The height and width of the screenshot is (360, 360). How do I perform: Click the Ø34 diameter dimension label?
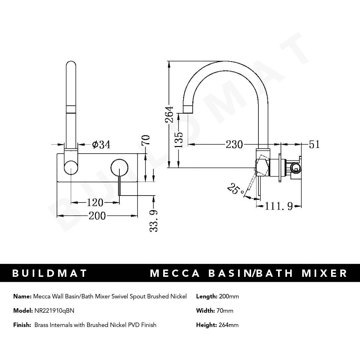[x=101, y=145]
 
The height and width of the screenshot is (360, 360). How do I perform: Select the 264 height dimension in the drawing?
[x=169, y=115]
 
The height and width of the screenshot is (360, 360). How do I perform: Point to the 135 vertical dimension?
[x=179, y=140]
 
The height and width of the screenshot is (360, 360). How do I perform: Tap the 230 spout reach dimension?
[x=234, y=144]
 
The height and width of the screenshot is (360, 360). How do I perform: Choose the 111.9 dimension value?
[x=278, y=206]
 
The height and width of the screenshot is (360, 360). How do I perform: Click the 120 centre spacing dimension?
[x=95, y=202]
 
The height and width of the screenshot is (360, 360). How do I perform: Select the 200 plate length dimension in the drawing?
[x=97, y=216]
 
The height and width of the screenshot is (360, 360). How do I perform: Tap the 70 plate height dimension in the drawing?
[x=145, y=140]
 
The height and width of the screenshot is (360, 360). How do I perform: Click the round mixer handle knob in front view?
[x=119, y=167]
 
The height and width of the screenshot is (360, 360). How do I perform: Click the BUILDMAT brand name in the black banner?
[x=50, y=273]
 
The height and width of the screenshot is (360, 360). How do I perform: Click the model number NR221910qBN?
[x=54, y=310]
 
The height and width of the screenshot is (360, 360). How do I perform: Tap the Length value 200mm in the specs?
[x=229, y=297]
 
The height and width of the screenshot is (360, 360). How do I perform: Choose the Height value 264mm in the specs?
[x=229, y=325]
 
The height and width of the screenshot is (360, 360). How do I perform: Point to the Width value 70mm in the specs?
[x=225, y=310]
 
